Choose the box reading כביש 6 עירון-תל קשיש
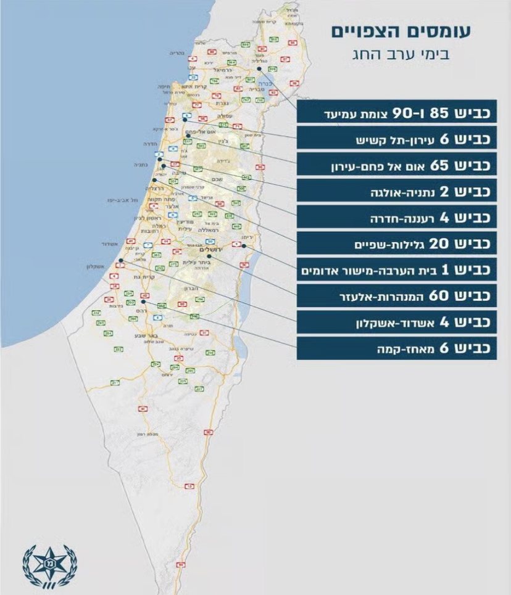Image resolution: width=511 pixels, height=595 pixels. (396, 141)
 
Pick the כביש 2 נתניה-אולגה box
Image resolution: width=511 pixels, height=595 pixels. (396, 192)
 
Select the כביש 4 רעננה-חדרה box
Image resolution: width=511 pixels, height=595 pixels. (396, 218)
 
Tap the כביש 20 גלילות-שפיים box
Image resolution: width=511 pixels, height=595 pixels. (396, 244)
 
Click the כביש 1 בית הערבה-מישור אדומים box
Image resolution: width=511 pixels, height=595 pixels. (396, 269)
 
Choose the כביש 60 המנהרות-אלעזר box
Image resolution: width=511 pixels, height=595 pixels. (396, 295)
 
